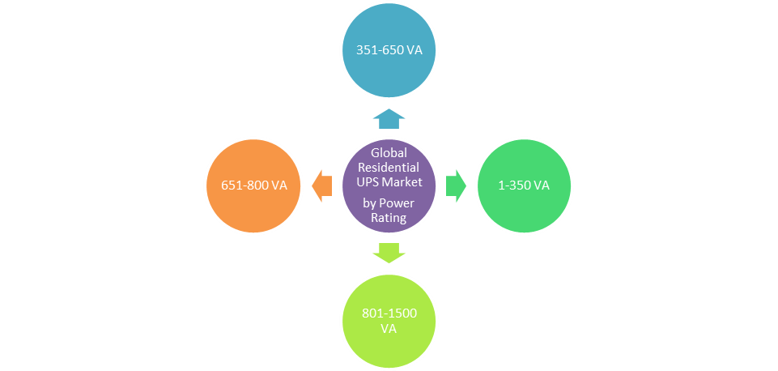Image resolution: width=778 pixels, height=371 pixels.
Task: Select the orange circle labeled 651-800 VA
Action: pyautogui.click(x=255, y=185)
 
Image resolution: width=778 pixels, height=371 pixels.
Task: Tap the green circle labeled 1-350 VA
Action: pyautogui.click(x=523, y=185)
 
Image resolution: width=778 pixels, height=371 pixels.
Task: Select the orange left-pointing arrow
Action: pyautogui.click(x=322, y=185)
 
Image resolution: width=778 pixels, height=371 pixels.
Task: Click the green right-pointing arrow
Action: pyautogui.click(x=456, y=185)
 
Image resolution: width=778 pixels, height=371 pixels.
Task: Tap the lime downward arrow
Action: pyautogui.click(x=389, y=252)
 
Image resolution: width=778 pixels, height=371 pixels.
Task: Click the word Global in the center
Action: pyautogui.click(x=389, y=152)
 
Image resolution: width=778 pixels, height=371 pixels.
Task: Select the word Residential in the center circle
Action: pyautogui.click(x=389, y=167)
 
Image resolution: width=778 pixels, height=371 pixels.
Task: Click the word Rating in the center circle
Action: pyautogui.click(x=389, y=217)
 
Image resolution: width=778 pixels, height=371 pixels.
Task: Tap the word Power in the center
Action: pyautogui.click(x=396, y=203)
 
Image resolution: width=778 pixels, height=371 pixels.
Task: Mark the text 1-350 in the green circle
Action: pyautogui.click(x=514, y=185)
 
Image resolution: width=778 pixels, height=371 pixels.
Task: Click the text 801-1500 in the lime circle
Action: pyautogui.click(x=389, y=313)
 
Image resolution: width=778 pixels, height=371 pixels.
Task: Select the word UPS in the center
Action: pyautogui.click(x=368, y=181)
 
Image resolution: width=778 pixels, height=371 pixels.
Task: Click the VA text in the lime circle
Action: pyautogui.click(x=389, y=329)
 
